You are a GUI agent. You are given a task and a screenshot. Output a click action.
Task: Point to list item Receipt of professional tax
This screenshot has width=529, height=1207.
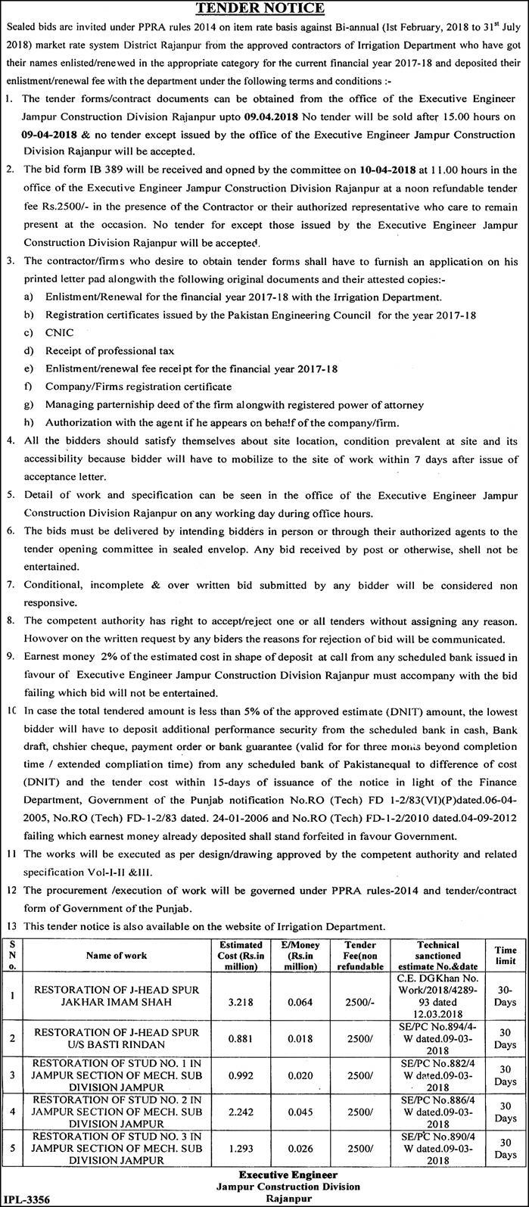pyautogui.click(x=109, y=350)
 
